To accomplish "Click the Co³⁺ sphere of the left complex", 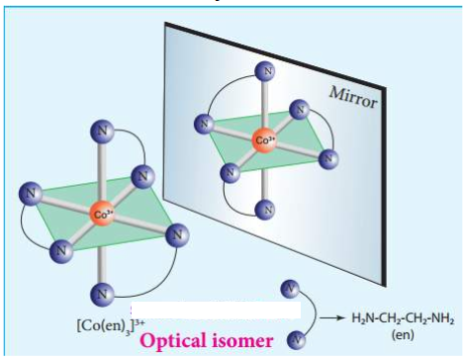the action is click(102, 214).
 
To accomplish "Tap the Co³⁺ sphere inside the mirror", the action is click(264, 140).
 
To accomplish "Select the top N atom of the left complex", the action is click(102, 132).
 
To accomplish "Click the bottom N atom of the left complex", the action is click(102, 294).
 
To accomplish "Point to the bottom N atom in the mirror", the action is click(265, 210).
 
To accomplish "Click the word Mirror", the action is click(353, 97).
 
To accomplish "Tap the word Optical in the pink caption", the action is click(169, 340).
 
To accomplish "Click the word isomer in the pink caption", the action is click(238, 340).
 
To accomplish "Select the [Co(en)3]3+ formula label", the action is click(111, 326).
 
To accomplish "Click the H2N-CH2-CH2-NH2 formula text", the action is click(403, 319).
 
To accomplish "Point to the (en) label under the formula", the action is click(403, 335).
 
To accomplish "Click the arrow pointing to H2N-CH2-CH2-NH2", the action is click(329, 318).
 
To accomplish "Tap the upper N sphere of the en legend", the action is click(290, 290).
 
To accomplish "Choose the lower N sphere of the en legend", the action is click(296, 340).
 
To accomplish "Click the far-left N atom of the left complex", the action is click(31, 194).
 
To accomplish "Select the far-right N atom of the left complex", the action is click(177, 235).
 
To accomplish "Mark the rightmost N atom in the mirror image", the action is click(328, 159).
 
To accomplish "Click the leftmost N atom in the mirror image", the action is click(204, 124).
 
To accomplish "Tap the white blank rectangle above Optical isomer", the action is click(216, 310).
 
